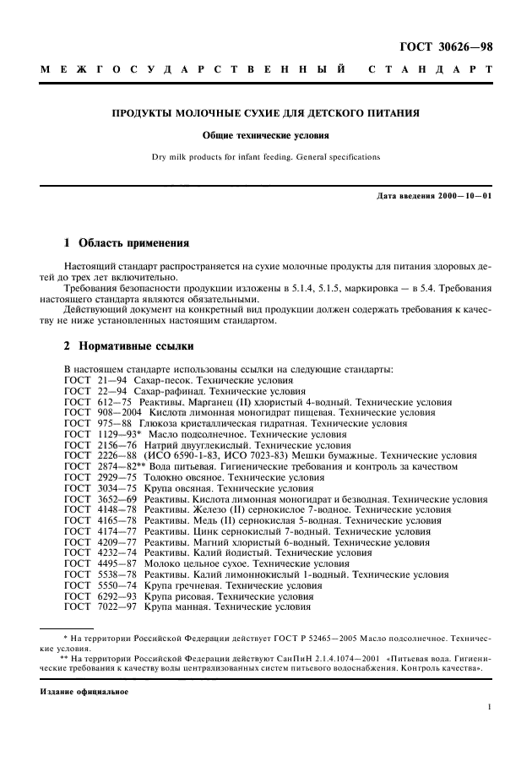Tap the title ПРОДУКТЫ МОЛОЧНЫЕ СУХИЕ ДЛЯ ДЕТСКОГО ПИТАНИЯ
(266, 112)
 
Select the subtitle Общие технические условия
(266, 135)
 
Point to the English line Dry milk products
(266, 156)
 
